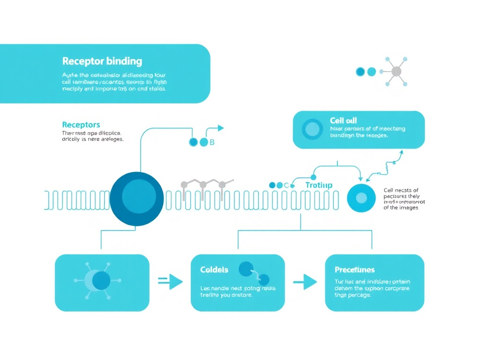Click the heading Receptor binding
pyautogui.click(x=102, y=61)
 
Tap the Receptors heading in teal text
pyautogui.click(x=81, y=125)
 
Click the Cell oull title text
pyautogui.click(x=343, y=121)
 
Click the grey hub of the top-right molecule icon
pyautogui.click(x=396, y=72)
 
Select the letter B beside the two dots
pyautogui.click(x=211, y=142)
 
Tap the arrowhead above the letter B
pyautogui.click(x=221, y=128)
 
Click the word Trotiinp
pyautogui.click(x=319, y=185)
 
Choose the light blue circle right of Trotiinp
pyautogui.click(x=361, y=198)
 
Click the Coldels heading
pyautogui.click(x=214, y=270)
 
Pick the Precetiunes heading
pyautogui.click(x=354, y=270)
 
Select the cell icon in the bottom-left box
pyautogui.click(x=98, y=280)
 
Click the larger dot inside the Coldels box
pyautogui.click(x=246, y=269)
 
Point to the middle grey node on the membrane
pyautogui.click(x=203, y=185)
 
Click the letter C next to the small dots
pyautogui.click(x=286, y=185)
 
